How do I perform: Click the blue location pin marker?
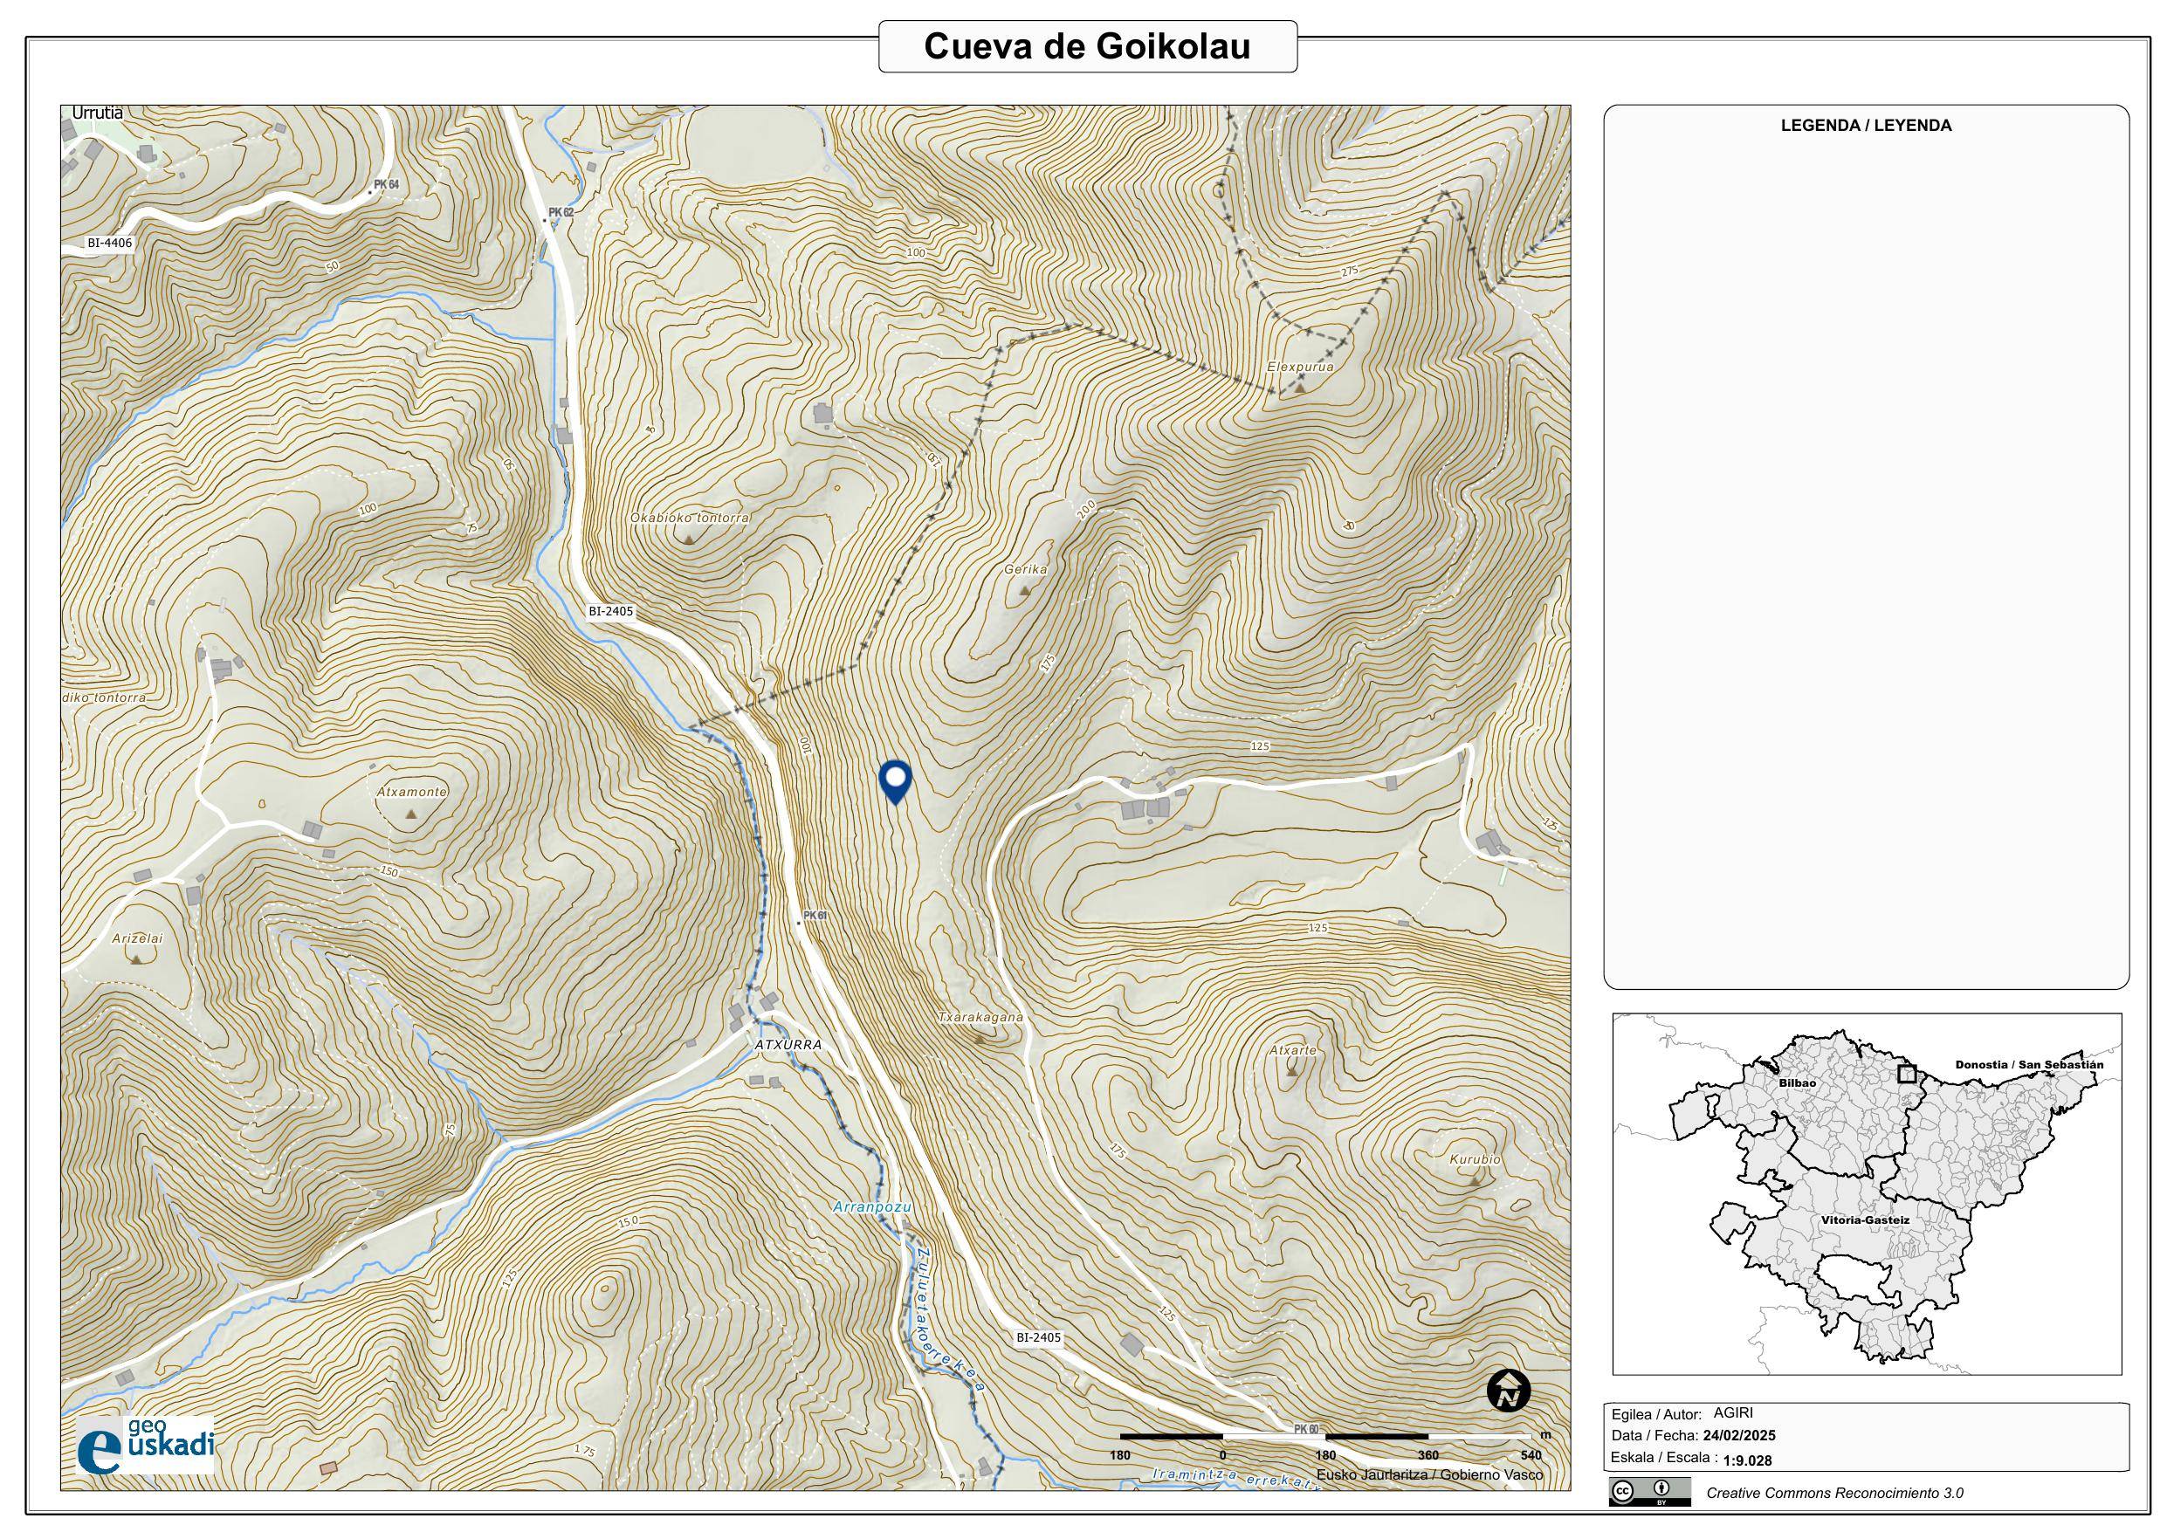[894, 780]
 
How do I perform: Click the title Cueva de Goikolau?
[1087, 46]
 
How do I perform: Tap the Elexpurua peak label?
[1300, 368]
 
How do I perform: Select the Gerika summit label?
[1025, 570]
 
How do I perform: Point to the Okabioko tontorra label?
[690, 519]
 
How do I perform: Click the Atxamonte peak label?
[411, 792]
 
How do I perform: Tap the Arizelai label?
[137, 939]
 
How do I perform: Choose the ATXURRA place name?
[788, 1046]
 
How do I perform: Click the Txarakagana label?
[980, 1019]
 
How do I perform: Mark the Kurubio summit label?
[1475, 1159]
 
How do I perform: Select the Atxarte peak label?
[1292, 1049]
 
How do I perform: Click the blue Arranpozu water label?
[872, 1207]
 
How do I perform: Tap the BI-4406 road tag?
[109, 243]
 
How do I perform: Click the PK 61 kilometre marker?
[815, 917]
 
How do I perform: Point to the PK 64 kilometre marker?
[386, 185]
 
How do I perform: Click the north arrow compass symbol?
[1508, 1391]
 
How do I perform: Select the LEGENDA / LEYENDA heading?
[1865, 126]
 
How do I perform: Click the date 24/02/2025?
[1738, 1436]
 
